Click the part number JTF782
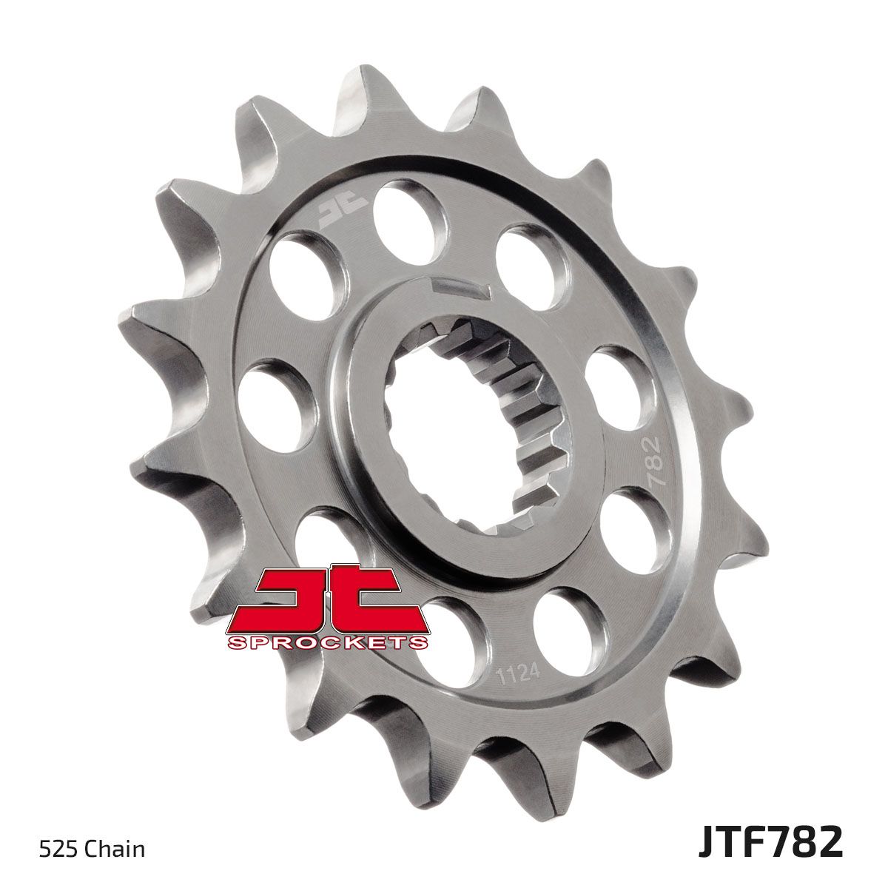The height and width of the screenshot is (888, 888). click(x=770, y=844)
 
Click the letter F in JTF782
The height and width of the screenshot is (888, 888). click(x=749, y=844)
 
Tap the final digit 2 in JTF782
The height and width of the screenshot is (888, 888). click(x=830, y=844)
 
